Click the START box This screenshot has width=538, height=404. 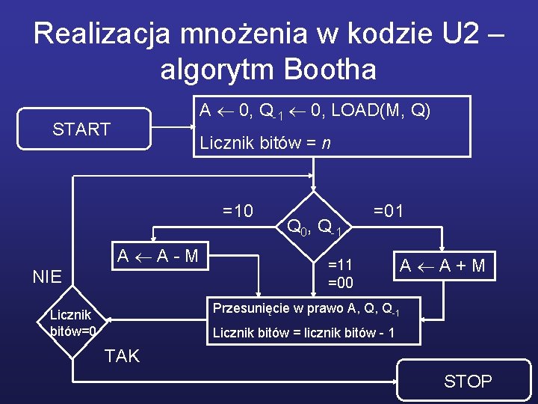click(x=81, y=129)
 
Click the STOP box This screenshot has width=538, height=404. click(x=468, y=381)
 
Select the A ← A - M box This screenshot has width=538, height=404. click(x=157, y=256)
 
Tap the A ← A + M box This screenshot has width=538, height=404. click(x=443, y=266)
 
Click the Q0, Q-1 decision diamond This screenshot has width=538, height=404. click(x=315, y=225)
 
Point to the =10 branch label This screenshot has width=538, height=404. click(x=238, y=211)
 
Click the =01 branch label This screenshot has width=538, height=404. click(x=388, y=211)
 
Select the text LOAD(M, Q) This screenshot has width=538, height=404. click(x=381, y=110)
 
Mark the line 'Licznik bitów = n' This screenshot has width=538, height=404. click(x=265, y=143)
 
